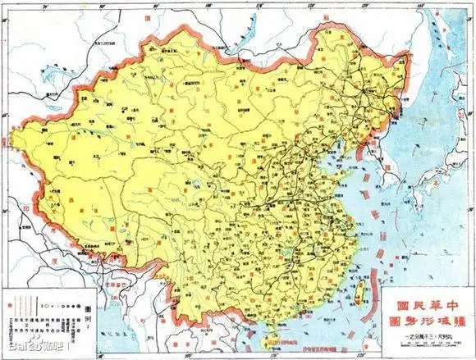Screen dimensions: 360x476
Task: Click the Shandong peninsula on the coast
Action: pyautogui.click(x=354, y=180)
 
